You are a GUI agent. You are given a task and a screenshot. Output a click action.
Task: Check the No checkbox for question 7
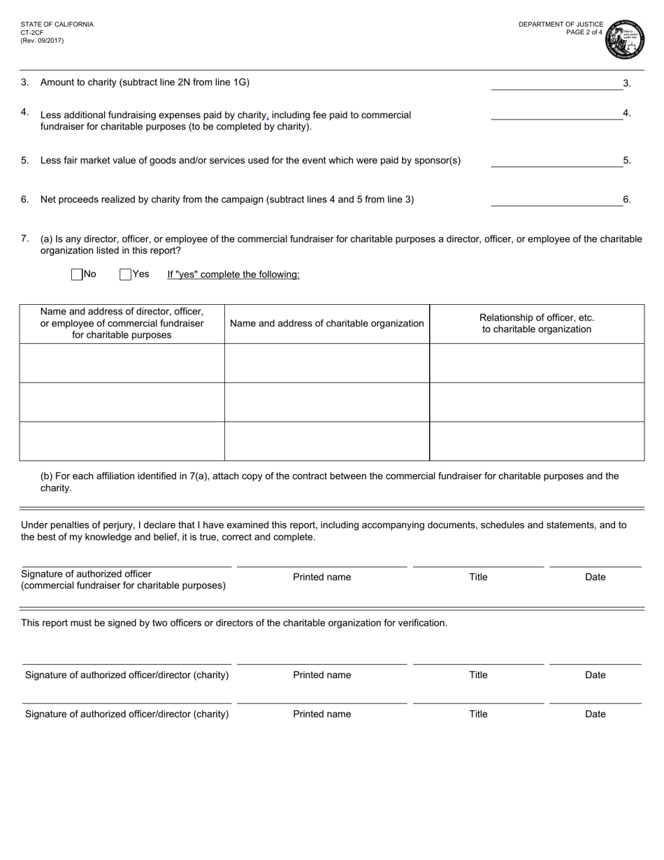[x=78, y=275]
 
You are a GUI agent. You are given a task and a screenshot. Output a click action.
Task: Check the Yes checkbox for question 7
[x=126, y=275]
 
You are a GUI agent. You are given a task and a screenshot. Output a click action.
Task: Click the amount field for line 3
[x=556, y=84]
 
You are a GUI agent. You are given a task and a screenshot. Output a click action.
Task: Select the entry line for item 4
[x=556, y=114]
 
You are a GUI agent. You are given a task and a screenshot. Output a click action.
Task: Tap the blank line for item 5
[x=556, y=161]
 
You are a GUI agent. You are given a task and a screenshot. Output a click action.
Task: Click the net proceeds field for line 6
[x=556, y=200]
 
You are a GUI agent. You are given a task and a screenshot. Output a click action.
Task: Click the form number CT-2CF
[x=32, y=32]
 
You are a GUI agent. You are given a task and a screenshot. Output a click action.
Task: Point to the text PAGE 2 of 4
[x=584, y=32]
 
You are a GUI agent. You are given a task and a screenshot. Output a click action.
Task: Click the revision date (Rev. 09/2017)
[x=42, y=41]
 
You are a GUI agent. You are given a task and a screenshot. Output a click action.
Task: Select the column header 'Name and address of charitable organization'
[x=326, y=324]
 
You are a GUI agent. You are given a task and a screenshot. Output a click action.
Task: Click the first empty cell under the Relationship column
[x=537, y=363]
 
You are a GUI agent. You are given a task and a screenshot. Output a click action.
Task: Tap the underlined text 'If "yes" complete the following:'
[x=233, y=275]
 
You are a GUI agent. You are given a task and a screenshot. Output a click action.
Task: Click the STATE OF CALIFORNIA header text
[x=57, y=24]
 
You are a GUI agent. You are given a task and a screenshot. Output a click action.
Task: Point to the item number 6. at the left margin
[x=24, y=200]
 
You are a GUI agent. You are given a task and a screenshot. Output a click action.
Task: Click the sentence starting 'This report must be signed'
[x=234, y=623]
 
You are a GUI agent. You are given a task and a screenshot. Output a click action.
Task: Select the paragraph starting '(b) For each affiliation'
[x=329, y=482]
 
